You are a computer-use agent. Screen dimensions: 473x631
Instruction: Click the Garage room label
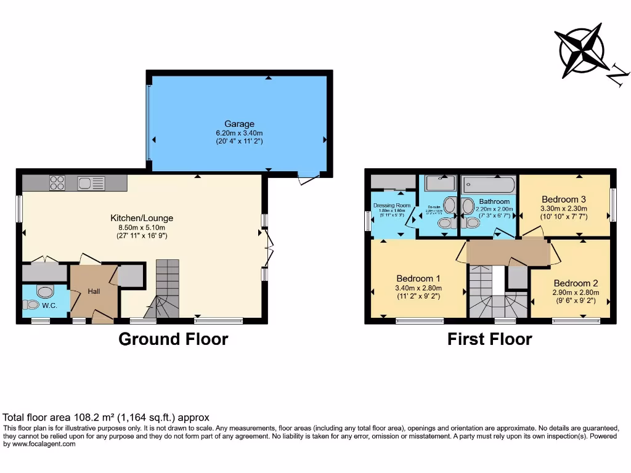pyautogui.click(x=239, y=124)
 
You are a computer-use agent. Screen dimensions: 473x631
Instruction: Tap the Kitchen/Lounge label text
pyautogui.click(x=142, y=218)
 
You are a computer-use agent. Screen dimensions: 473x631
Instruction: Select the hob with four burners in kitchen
pyautogui.click(x=57, y=182)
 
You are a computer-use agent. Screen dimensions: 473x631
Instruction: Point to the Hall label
pyautogui.click(x=93, y=291)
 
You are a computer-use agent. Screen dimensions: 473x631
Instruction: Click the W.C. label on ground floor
pyautogui.click(x=49, y=305)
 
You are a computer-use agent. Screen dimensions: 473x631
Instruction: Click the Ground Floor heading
pyautogui.click(x=173, y=339)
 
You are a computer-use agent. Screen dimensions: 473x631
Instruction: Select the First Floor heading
pyautogui.click(x=489, y=339)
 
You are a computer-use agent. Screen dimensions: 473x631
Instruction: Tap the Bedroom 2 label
pyautogui.click(x=576, y=283)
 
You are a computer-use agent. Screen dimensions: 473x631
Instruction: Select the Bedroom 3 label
pyautogui.click(x=564, y=199)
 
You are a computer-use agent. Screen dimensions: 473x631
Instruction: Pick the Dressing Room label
pyautogui.click(x=391, y=205)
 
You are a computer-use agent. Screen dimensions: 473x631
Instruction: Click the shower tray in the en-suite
pyautogui.click(x=440, y=184)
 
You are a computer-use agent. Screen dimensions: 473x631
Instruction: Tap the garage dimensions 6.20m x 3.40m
pyautogui.click(x=239, y=133)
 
